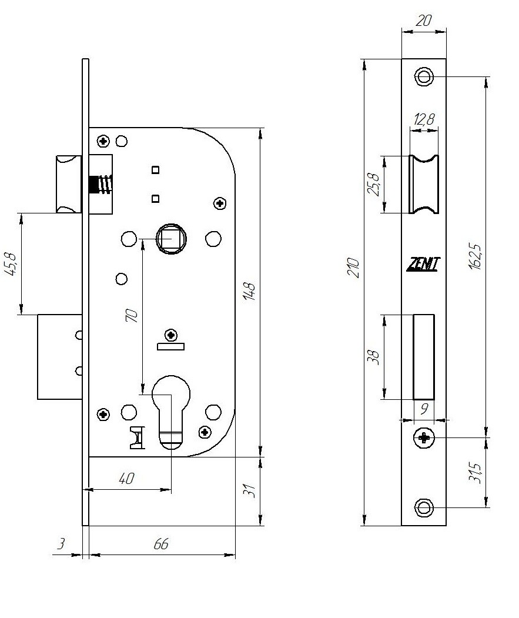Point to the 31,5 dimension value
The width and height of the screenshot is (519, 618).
[477, 473]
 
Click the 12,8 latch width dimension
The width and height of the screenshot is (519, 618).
[424, 119]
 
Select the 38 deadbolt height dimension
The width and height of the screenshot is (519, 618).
[372, 357]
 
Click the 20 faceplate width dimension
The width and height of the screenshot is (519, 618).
[423, 20]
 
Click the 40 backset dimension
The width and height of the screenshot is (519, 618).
[126, 479]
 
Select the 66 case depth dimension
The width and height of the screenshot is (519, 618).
[160, 544]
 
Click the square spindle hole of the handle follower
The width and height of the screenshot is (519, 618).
[171, 238]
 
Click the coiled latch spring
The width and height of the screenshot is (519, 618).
[101, 185]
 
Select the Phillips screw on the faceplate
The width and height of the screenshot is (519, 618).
[424, 437]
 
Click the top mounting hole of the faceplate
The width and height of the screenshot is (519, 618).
[424, 76]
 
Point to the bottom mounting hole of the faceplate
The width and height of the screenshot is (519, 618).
[424, 507]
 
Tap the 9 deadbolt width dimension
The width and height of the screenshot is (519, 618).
[423, 407]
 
